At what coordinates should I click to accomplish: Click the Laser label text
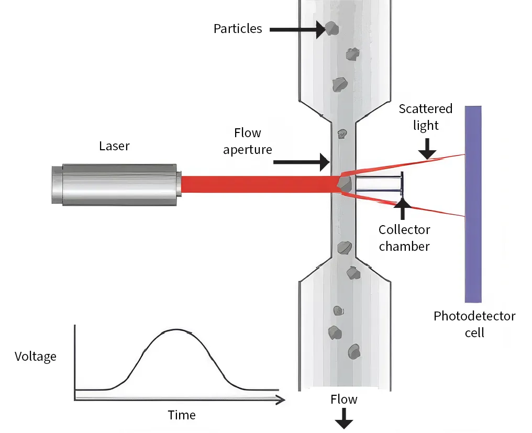click(x=114, y=146)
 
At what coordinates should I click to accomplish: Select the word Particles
click(x=238, y=28)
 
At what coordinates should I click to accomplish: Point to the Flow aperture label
click(x=248, y=141)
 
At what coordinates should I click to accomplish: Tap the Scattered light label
click(x=425, y=117)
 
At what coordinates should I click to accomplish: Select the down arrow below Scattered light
click(x=427, y=149)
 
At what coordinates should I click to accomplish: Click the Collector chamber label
click(x=404, y=238)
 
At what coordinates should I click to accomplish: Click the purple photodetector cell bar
click(x=473, y=204)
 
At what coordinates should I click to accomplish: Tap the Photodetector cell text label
click(x=474, y=324)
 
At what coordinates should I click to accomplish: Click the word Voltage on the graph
click(x=36, y=357)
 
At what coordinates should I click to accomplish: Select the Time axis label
click(x=182, y=415)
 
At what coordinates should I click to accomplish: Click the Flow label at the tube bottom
click(x=344, y=399)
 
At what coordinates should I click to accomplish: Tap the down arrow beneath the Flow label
click(x=344, y=418)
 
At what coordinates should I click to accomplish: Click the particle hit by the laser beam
click(x=343, y=183)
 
